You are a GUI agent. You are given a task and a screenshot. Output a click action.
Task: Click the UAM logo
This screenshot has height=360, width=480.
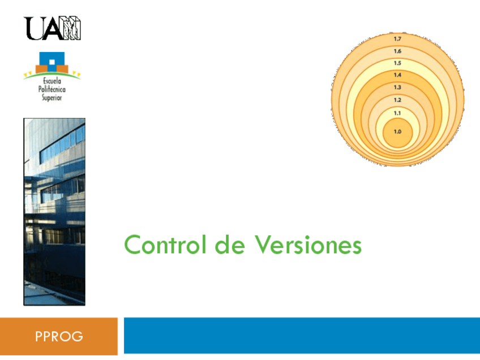[53, 28]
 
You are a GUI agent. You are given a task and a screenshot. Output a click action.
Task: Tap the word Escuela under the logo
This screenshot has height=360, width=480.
[52, 82]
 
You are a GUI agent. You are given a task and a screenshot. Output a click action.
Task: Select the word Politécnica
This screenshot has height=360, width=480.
[52, 90]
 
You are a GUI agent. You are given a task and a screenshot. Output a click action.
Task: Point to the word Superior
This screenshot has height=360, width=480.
[52, 98]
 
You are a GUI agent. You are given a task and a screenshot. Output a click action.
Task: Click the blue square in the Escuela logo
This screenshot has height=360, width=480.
[51, 59]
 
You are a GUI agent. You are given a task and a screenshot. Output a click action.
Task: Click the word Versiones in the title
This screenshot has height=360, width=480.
[308, 246]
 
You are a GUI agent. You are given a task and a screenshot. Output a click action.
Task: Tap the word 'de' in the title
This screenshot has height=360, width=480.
[229, 246]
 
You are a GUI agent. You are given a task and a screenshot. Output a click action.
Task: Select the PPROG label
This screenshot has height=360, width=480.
[59, 337]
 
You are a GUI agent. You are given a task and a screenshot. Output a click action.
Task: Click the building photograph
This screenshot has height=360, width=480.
[54, 212]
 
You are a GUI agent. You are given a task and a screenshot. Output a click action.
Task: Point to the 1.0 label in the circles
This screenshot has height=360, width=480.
[397, 131]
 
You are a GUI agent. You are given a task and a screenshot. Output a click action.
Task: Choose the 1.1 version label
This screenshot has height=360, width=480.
[397, 113]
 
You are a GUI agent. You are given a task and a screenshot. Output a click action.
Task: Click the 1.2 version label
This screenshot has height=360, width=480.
[397, 100]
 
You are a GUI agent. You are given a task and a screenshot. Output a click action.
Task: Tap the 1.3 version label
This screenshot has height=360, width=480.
[397, 88]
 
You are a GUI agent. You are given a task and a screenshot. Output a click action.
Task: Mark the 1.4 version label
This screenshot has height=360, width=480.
[397, 75]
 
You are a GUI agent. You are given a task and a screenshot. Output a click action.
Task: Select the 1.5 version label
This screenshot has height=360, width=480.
[397, 63]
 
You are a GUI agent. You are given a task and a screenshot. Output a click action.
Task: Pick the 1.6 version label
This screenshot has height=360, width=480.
[397, 51]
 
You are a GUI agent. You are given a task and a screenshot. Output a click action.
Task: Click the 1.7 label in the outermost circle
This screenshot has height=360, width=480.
[397, 39]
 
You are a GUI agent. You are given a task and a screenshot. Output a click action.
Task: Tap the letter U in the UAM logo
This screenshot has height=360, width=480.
[32, 28]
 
